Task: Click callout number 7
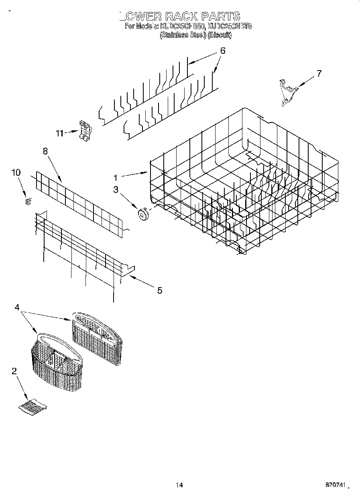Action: pos(319,73)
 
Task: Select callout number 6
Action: pos(222,51)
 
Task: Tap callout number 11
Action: pos(60,134)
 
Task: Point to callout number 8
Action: pos(45,151)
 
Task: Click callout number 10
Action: pos(16,172)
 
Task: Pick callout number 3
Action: pos(116,190)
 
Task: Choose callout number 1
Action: pos(115,177)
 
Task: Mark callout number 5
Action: pos(159,290)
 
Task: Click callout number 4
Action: pos(17,307)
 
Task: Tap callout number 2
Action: pos(14,371)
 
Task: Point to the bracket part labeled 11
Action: pos(85,131)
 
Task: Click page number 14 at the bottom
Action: pos(179,485)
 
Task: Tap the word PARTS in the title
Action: pos(221,16)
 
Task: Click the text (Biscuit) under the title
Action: pos(220,35)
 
